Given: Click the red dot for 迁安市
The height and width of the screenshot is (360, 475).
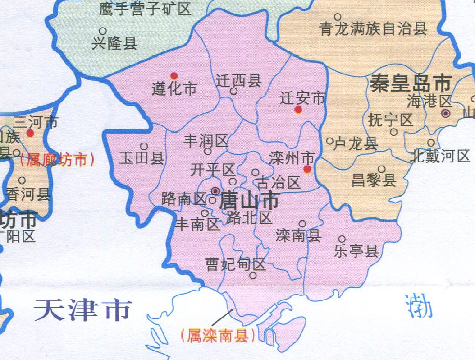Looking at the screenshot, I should pyautogui.click(x=298, y=110).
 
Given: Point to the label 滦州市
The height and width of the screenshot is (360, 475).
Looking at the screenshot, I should pyautogui.click(x=291, y=158).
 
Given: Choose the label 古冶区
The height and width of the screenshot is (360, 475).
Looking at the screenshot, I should pyautogui.click(x=278, y=183).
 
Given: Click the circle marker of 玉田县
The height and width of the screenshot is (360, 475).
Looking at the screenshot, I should pyautogui.click(x=144, y=146).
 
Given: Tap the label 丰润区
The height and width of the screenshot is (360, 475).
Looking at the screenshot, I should pyautogui.click(x=206, y=141).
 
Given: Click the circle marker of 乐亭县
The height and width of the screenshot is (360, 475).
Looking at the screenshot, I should pyautogui.click(x=342, y=239).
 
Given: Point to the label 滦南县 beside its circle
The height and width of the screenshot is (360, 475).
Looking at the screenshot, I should pyautogui.click(x=298, y=235).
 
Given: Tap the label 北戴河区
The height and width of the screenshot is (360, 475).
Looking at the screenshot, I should pyautogui.click(x=440, y=156).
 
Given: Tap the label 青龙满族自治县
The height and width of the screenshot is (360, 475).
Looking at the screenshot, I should pyautogui.click(x=373, y=29).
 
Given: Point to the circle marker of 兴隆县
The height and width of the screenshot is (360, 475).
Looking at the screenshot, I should pyautogui.click(x=103, y=31).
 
